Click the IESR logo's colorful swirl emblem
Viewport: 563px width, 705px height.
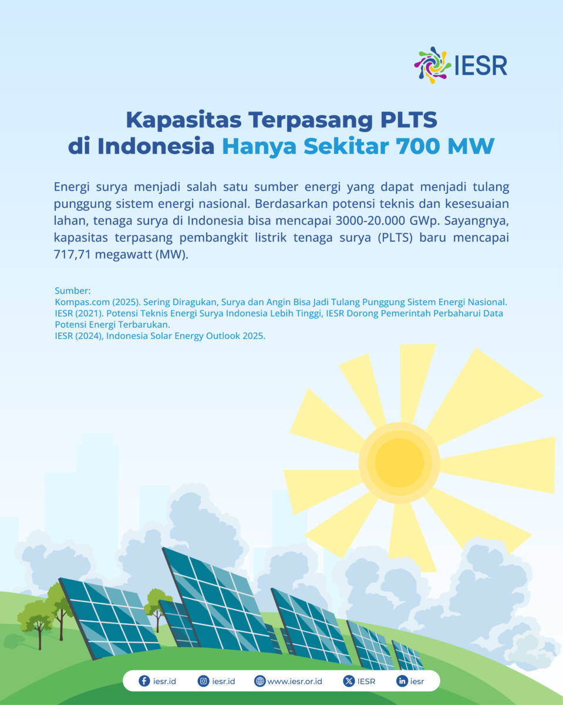pos(433,65)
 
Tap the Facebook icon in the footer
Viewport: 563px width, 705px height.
pos(144,681)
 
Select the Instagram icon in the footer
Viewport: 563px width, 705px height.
pos(203,681)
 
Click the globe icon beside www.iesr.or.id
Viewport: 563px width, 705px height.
pos(259,681)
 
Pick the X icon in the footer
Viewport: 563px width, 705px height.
pos(349,681)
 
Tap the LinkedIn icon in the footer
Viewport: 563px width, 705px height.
pos(402,681)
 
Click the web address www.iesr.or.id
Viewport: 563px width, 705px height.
pos(295,681)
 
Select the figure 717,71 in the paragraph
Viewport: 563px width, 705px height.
pos(72,254)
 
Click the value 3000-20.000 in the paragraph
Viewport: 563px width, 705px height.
pos(370,221)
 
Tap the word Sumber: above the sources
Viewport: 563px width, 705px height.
pos(73,291)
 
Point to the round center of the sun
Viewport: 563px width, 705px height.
pos(399,463)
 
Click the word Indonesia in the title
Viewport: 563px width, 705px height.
pos(156,146)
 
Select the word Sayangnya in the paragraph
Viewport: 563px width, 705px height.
pos(476,221)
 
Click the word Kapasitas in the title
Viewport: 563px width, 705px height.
pos(184,120)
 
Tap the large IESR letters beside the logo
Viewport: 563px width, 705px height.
pos(481,66)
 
